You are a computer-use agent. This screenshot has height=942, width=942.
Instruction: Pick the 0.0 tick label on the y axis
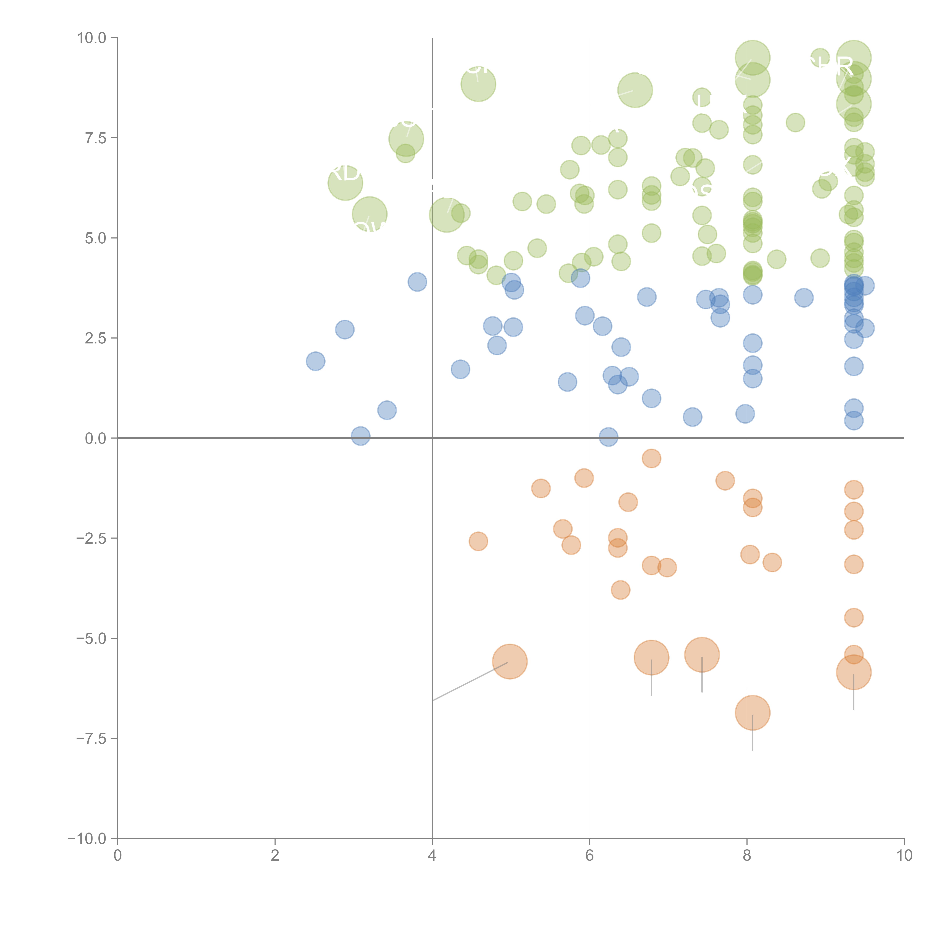tap(96, 438)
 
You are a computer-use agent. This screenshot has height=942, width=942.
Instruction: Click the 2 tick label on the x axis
tap(275, 856)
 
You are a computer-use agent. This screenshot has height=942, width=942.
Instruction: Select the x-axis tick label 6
tap(590, 856)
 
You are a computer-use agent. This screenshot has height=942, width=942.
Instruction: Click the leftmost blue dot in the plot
tap(315, 361)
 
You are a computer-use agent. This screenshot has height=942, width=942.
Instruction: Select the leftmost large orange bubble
tap(509, 662)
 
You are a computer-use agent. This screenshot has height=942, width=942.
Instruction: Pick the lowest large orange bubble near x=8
tap(752, 713)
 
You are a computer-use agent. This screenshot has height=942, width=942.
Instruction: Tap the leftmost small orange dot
tap(478, 541)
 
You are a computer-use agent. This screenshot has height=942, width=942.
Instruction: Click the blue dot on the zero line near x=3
tap(360, 436)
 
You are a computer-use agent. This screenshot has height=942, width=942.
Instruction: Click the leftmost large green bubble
tap(345, 183)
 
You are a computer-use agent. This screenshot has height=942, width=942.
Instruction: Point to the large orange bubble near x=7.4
tap(702, 655)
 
